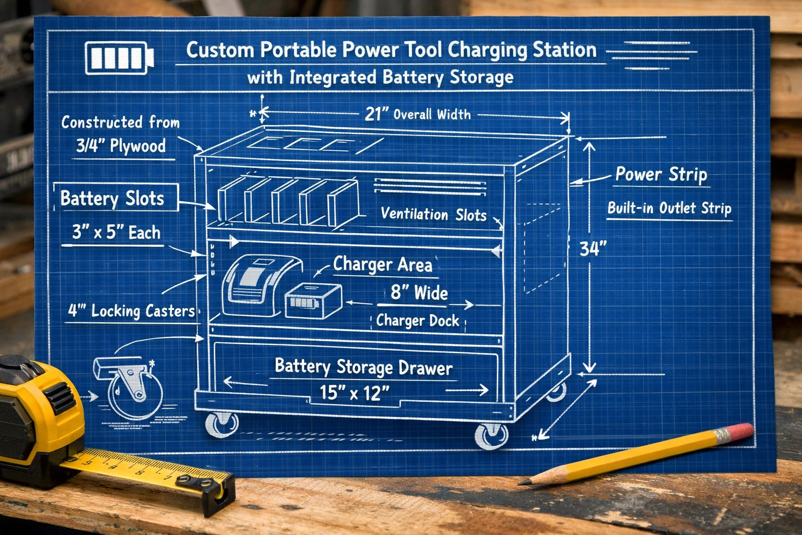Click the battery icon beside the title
(x=119, y=57)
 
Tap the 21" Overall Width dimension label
(x=417, y=114)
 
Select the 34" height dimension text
(x=593, y=249)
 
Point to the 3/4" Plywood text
(x=121, y=146)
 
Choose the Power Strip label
(x=661, y=175)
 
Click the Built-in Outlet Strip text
(x=669, y=208)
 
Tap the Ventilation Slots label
(x=433, y=214)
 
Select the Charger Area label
(x=383, y=264)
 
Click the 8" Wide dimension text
(x=419, y=293)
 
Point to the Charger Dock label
(x=418, y=320)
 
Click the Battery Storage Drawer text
(x=363, y=367)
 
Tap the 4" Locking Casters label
(x=132, y=311)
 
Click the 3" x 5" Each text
(x=116, y=232)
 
